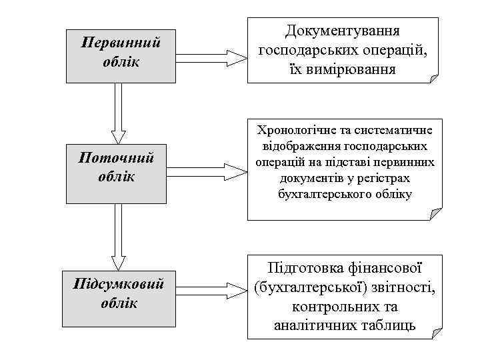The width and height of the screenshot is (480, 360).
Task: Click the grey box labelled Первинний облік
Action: point(121,55)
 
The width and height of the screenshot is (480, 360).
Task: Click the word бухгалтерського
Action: point(316,194)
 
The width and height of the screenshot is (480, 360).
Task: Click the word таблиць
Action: point(392,325)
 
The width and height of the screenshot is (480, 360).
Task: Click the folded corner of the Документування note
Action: point(435,78)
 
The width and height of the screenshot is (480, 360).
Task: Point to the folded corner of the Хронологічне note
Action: point(435,215)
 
